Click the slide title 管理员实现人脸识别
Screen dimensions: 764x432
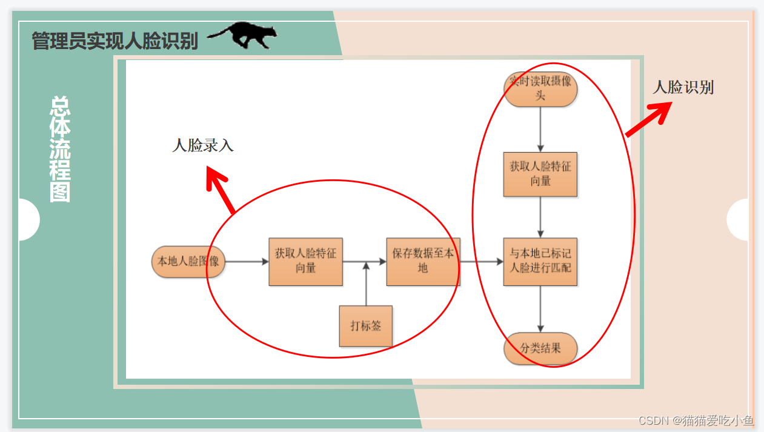[x=115, y=41]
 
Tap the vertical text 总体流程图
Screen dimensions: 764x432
[x=60, y=149]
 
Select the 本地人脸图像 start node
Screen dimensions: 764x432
[x=188, y=262]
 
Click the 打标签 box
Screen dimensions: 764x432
[x=366, y=326]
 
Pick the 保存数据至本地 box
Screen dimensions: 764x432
[x=423, y=261]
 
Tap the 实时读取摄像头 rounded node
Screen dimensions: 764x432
[x=540, y=89]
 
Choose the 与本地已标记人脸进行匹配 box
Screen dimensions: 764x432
[x=540, y=261]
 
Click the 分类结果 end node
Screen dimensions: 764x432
[x=540, y=348]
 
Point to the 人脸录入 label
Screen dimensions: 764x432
[x=203, y=145]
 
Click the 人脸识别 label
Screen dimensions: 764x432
[x=683, y=88]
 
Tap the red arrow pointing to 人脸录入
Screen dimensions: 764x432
[x=219, y=190]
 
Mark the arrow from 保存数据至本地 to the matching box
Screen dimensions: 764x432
[x=482, y=262]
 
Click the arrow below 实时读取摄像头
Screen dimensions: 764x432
[x=540, y=129]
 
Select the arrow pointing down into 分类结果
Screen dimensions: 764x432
[x=540, y=309]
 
